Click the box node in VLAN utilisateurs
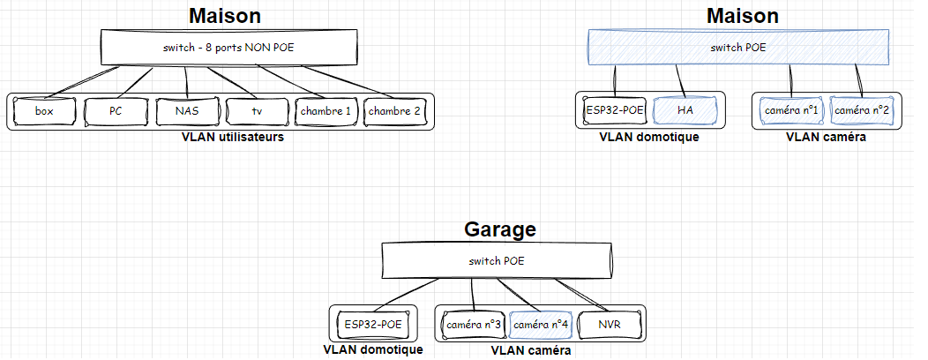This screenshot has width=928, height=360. click(44, 112)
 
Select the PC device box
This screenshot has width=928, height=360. click(116, 112)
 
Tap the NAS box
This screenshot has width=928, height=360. click(187, 112)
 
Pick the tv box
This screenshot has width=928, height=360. click(257, 112)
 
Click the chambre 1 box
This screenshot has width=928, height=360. click(326, 112)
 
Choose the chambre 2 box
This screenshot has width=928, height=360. click(394, 112)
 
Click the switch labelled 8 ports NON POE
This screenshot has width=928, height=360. click(228, 47)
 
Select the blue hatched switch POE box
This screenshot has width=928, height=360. click(738, 47)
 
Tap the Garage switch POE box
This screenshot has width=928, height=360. click(495, 261)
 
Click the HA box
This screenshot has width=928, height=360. click(685, 110)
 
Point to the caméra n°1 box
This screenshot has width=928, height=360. click(790, 110)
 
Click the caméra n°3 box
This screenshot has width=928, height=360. click(474, 325)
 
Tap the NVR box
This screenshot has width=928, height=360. click(610, 325)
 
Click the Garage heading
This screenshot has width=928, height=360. click(500, 229)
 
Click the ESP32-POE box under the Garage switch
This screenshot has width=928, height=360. click(373, 325)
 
